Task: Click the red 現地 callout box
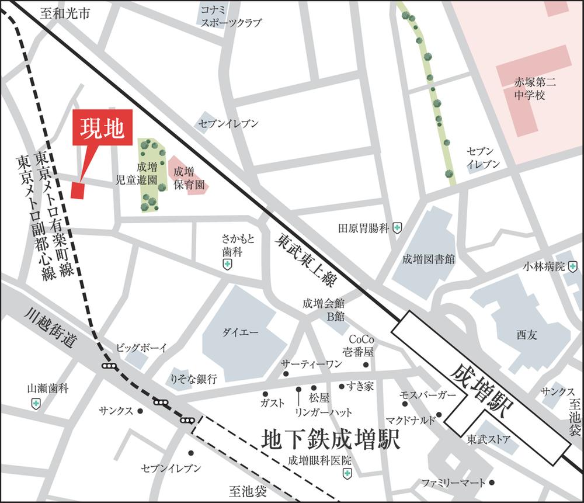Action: coord(102,127)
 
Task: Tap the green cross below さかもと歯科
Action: coord(227,265)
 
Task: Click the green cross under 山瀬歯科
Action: coord(36,403)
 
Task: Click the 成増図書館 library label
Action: coord(429,259)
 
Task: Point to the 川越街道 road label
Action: coord(51,330)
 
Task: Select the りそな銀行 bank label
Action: coord(193,379)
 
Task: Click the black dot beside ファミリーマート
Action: coord(493,483)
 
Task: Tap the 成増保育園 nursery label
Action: coord(187,178)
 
